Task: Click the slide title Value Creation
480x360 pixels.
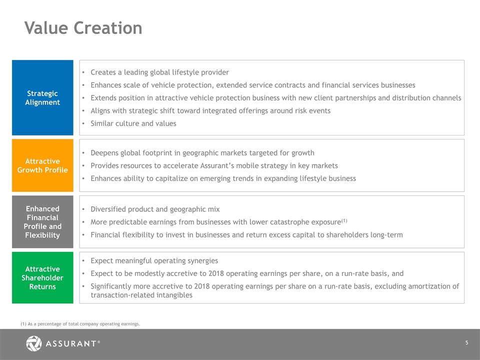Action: coord(83,28)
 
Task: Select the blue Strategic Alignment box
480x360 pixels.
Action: coord(42,97)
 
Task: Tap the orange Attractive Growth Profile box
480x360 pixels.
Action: coord(42,165)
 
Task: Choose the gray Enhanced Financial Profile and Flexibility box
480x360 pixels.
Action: coord(42,221)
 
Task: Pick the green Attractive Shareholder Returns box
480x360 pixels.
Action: coord(42,277)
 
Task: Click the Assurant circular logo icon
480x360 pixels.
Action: coord(33,343)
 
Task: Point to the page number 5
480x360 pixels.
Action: coord(467,343)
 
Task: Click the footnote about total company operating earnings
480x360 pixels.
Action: coord(80,324)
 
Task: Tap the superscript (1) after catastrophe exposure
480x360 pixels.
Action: coord(344,220)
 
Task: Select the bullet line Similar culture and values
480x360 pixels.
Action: coord(133,123)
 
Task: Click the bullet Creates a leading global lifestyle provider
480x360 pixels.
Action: coord(159,72)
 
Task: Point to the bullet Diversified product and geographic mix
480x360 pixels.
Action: coord(155,209)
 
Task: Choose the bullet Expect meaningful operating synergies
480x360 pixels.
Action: coord(154,261)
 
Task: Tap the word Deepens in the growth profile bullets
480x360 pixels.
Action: coord(104,153)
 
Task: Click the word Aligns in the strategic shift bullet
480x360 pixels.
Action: coord(99,111)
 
